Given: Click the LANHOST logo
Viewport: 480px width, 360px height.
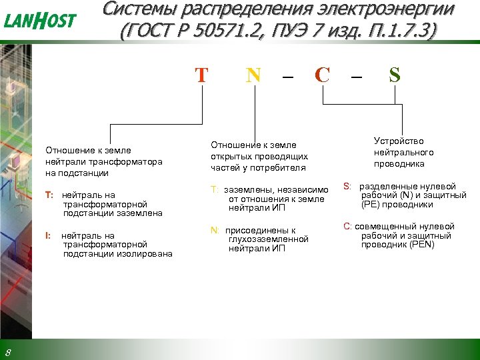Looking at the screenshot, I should point(40,21).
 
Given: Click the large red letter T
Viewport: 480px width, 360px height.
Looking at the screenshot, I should point(201,75).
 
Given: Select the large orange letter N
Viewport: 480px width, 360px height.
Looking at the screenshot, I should point(253,75).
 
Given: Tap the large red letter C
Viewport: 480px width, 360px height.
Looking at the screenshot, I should point(322,75).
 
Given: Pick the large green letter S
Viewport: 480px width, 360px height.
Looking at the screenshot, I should point(395,75).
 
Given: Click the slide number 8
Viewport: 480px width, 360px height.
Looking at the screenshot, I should point(7,351).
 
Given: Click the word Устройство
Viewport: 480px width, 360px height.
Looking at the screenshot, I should point(399,141).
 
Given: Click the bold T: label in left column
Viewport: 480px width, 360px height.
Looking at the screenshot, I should point(49,195).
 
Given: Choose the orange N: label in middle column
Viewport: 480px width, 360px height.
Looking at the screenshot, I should point(215,230).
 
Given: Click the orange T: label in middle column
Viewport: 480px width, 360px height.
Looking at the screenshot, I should point(215,189).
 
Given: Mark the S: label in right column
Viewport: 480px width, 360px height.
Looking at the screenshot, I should point(347,186).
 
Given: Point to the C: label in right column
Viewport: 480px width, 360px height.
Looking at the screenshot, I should point(347,227).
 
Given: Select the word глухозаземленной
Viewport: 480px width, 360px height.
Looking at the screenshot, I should point(268,239).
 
